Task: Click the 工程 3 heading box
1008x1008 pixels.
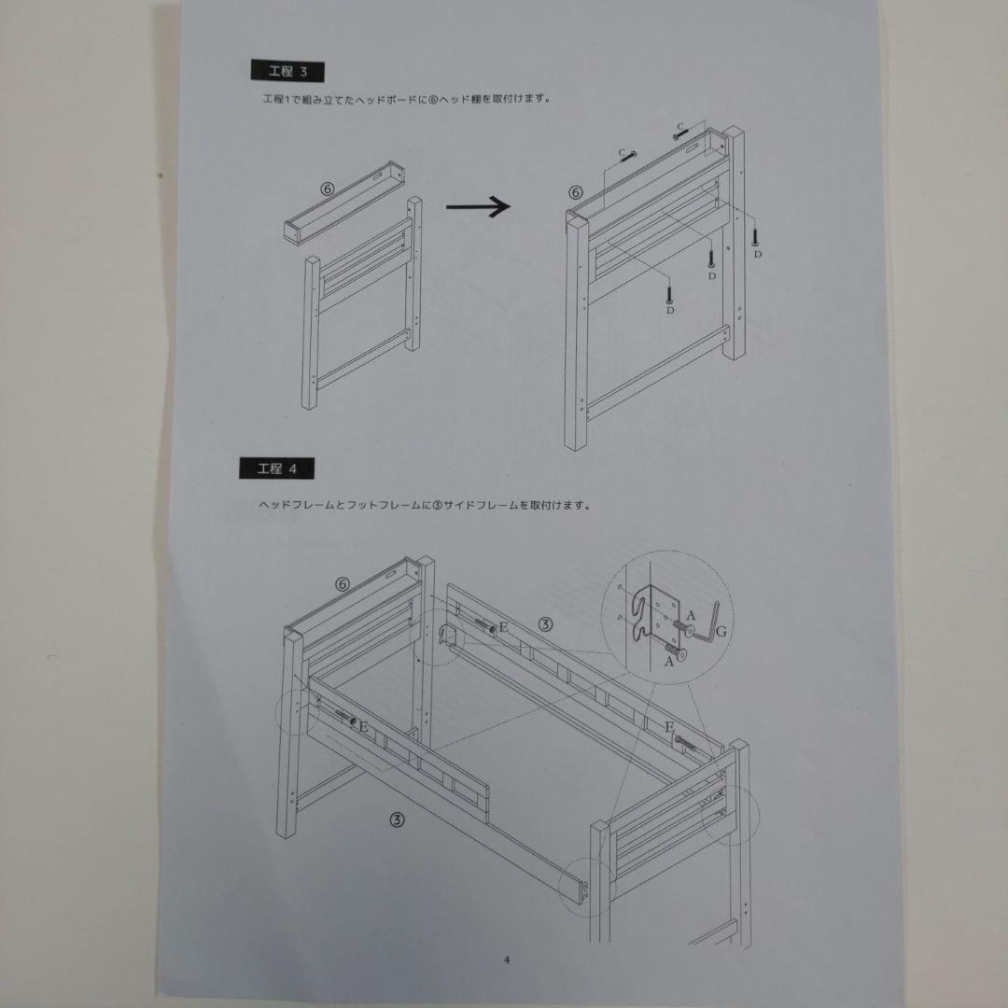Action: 287,71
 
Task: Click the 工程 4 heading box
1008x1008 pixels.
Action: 277,469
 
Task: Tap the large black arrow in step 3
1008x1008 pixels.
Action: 478,206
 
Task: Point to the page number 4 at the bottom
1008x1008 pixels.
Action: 507,960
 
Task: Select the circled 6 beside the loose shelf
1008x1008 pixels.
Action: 328,189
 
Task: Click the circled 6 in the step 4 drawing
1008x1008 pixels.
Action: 343,584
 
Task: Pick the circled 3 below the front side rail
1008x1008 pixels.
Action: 398,819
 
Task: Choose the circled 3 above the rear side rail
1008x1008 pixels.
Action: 544,623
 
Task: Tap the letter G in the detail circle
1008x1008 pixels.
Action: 721,631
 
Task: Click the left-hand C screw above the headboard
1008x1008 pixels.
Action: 628,158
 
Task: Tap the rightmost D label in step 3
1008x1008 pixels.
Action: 758,255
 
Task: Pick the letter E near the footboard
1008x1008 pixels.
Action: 669,727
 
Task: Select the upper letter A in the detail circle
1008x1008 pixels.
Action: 691,616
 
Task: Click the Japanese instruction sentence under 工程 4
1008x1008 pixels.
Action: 425,505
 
